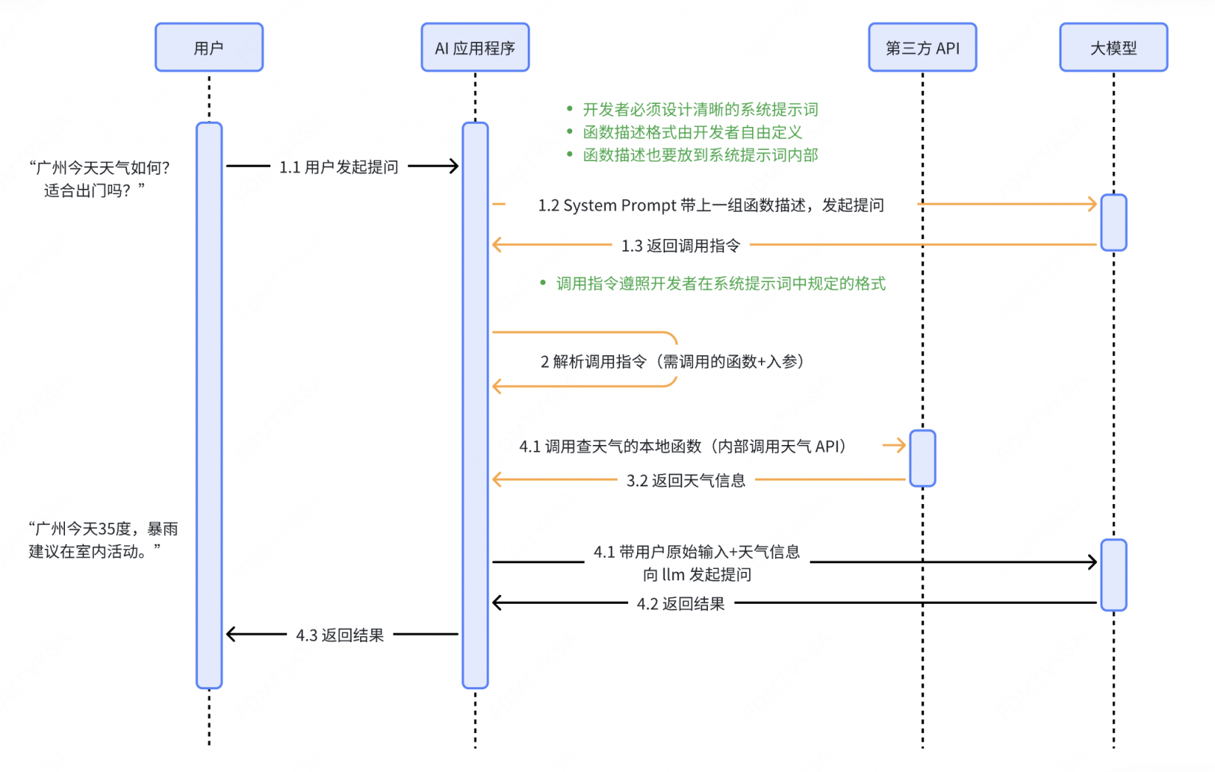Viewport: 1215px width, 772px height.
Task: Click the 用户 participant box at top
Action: point(209,48)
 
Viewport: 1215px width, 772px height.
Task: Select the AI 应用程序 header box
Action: point(475,48)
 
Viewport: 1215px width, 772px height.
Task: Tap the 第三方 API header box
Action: point(922,48)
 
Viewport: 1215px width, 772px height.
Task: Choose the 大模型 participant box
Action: point(1113,48)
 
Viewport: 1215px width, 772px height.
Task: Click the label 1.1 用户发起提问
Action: point(339,168)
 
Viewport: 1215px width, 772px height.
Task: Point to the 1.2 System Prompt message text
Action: point(710,205)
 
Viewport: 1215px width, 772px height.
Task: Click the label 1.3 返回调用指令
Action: point(681,246)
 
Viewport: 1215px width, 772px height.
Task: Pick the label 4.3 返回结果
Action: point(340,635)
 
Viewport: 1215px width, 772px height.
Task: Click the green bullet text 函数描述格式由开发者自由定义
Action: point(692,133)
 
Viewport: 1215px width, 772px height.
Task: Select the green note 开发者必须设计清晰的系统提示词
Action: point(700,110)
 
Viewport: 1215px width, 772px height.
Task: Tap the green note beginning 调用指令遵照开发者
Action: point(720,284)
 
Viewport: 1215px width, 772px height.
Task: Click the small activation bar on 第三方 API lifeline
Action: point(922,458)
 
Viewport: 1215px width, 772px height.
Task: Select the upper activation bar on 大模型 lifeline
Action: point(1113,222)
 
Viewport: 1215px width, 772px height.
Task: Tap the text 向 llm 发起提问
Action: point(697,575)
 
